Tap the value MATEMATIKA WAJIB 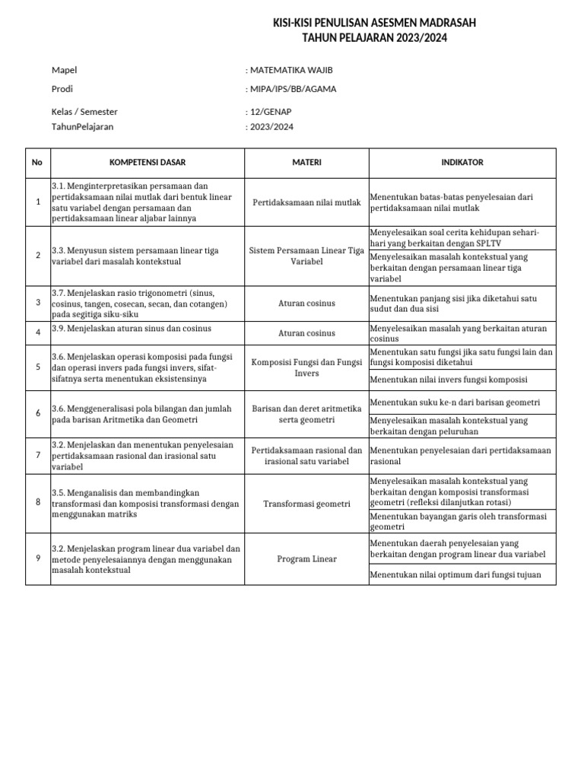[x=290, y=70]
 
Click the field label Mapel [x=65, y=70]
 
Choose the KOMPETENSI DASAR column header [x=148, y=163]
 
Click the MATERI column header [x=307, y=163]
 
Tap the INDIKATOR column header [x=462, y=163]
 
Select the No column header [x=37, y=163]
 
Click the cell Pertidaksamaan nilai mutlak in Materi [x=307, y=202]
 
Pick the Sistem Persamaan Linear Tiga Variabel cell [x=307, y=256]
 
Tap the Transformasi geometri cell [x=307, y=504]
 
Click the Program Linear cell [x=307, y=559]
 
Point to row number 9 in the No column [x=37, y=558]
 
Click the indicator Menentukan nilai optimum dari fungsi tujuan [x=455, y=574]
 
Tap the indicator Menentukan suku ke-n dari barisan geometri [x=455, y=402]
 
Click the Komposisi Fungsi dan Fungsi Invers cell [x=307, y=368]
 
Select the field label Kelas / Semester [x=84, y=112]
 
